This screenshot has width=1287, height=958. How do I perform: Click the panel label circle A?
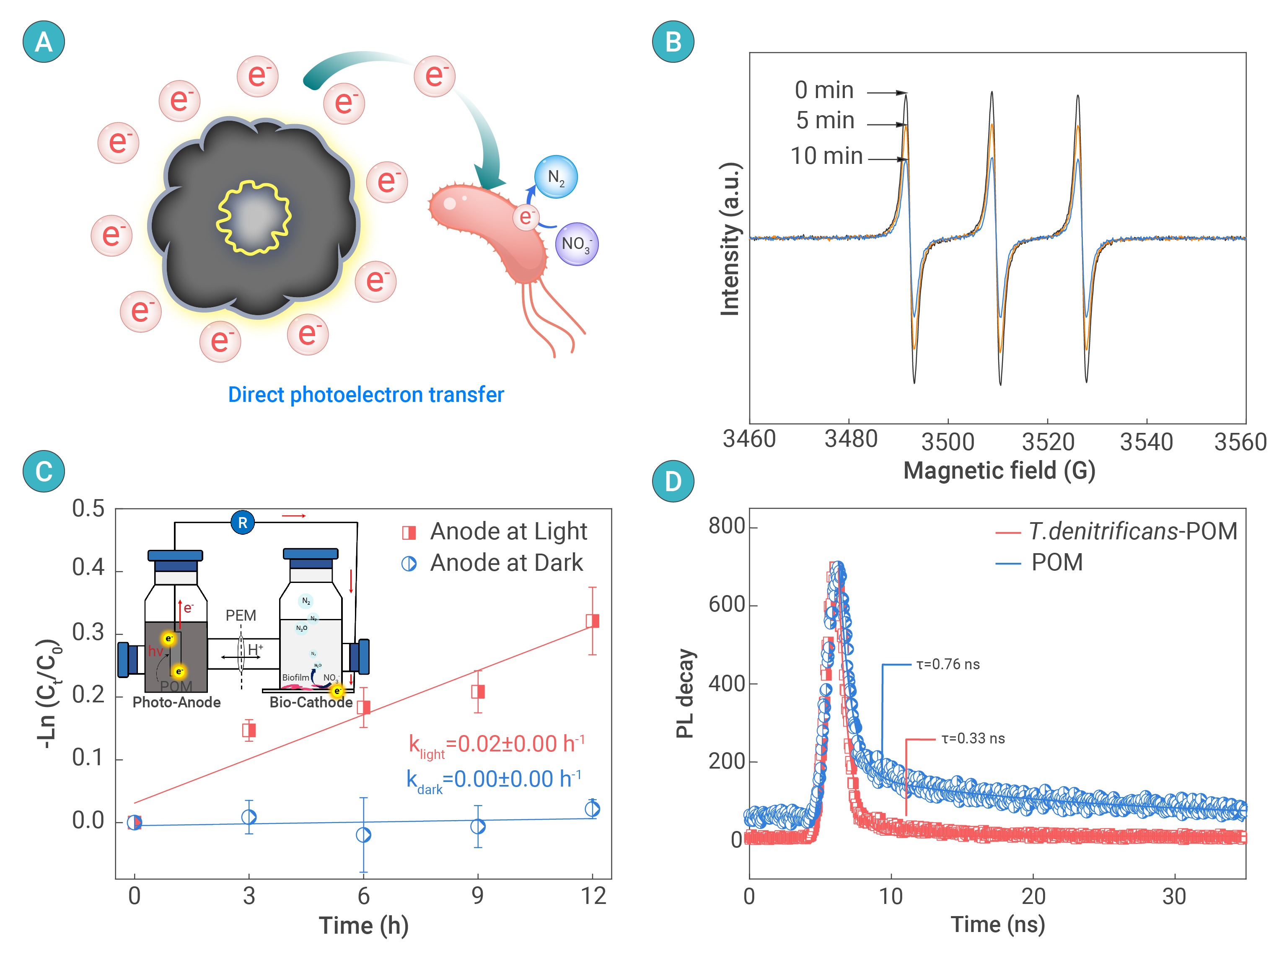tap(44, 42)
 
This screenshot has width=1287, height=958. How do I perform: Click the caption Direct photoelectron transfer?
tap(365, 395)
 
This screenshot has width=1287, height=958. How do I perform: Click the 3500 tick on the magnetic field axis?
tap(947, 442)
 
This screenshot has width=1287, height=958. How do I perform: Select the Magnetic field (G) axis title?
tap(999, 470)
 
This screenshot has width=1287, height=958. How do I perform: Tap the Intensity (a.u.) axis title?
tap(730, 239)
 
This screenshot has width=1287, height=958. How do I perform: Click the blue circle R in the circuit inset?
tap(242, 523)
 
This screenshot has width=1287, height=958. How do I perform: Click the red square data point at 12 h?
tap(592, 621)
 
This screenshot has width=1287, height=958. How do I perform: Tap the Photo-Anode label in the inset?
tap(176, 702)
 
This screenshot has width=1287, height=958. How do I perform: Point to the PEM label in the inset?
tap(241, 615)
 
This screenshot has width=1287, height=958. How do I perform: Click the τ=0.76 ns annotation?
tap(948, 665)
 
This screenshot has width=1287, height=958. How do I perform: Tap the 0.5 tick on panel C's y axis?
tap(88, 509)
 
